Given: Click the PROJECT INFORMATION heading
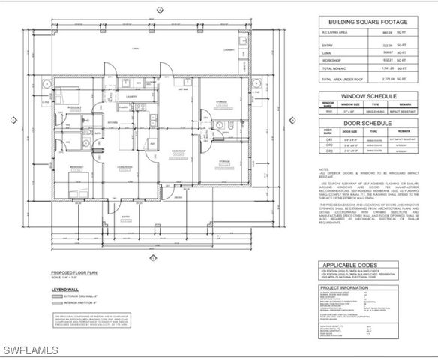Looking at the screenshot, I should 346,286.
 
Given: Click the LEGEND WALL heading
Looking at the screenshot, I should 64,288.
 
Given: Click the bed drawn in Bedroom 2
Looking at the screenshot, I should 73,181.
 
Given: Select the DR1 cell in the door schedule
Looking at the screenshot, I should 328,139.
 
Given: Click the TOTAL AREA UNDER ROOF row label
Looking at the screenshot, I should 341,78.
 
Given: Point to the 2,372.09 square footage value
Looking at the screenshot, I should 387,78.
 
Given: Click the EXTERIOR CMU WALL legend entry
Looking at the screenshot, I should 76,297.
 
